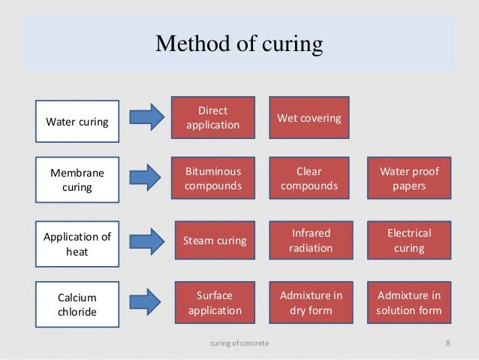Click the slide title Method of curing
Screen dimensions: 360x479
(239, 44)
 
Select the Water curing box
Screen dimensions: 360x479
(77, 121)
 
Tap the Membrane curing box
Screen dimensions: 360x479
(77, 178)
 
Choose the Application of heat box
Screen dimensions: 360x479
(77, 244)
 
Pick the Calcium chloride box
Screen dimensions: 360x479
(77, 304)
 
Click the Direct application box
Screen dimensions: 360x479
(214, 117)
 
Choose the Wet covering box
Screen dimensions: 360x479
(309, 118)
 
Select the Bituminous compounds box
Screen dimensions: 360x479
(214, 178)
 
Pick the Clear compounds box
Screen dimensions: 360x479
(309, 178)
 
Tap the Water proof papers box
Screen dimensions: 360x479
(409, 178)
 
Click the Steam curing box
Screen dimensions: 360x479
(214, 241)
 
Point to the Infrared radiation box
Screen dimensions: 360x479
(309, 241)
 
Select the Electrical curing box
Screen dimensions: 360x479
(409, 241)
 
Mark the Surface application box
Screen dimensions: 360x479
(214, 302)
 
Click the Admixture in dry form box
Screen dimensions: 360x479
(309, 302)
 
